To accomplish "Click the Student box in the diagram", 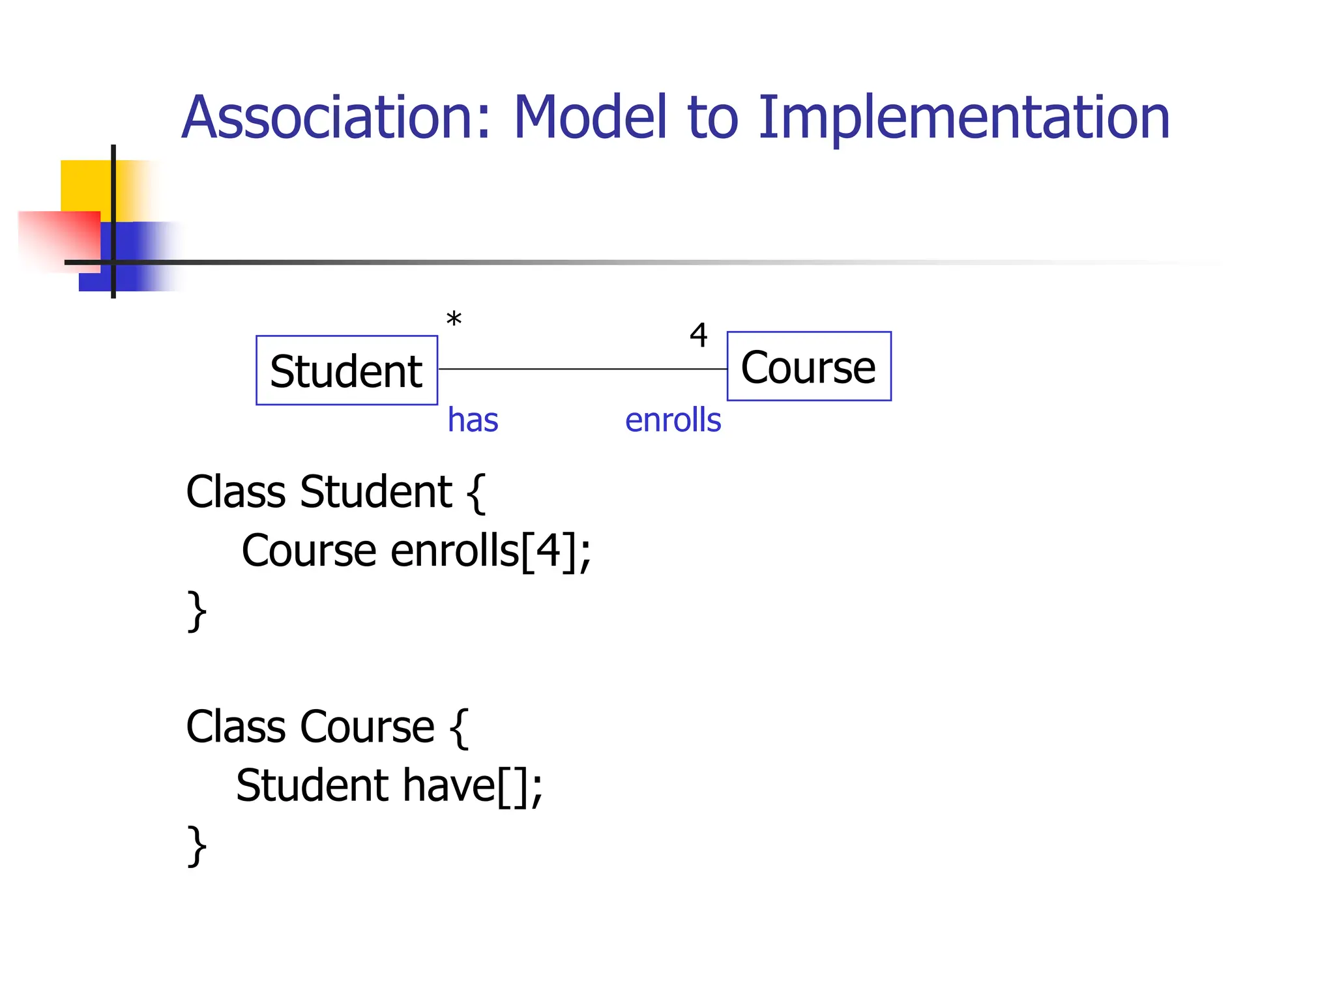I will [x=346, y=370].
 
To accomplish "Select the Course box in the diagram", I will [x=808, y=366].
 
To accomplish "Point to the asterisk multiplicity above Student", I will [x=454, y=320].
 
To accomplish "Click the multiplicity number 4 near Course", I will [x=698, y=336].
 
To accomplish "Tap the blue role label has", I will [x=473, y=420].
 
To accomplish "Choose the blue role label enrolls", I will [x=673, y=420].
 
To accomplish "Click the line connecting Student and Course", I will [x=582, y=369].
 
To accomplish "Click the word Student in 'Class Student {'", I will [x=375, y=491].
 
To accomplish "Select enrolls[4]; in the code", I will [x=490, y=551].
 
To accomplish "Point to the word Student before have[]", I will [x=312, y=785].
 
